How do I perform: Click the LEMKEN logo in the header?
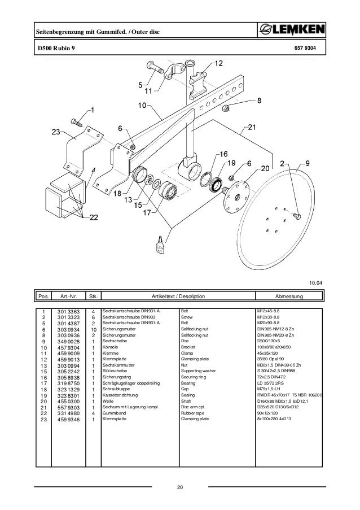click(292, 29)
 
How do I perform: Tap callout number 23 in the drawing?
click(56, 132)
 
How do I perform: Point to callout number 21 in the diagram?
click(253, 128)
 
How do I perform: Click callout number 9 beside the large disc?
click(307, 163)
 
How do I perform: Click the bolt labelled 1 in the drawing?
click(77, 122)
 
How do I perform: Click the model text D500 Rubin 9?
click(55, 49)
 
